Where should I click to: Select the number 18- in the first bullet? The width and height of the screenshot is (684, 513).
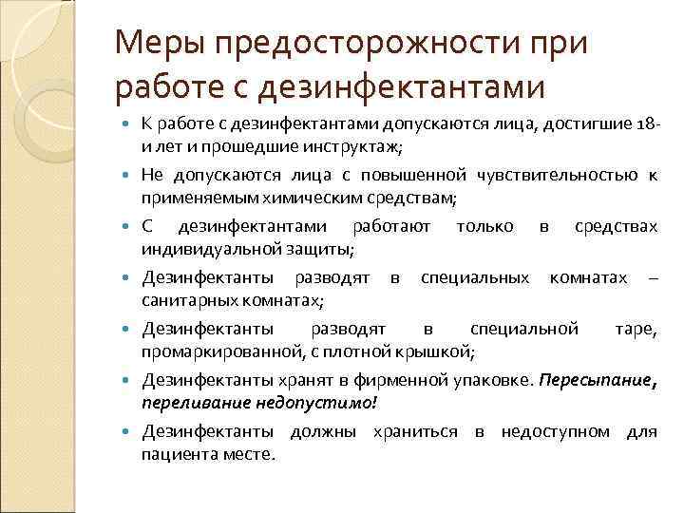pos(645,123)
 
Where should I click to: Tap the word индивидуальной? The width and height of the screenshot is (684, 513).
pos(199,249)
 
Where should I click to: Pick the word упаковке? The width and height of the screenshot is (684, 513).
pos(493,380)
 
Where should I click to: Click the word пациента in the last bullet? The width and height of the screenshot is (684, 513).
pos(175,454)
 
